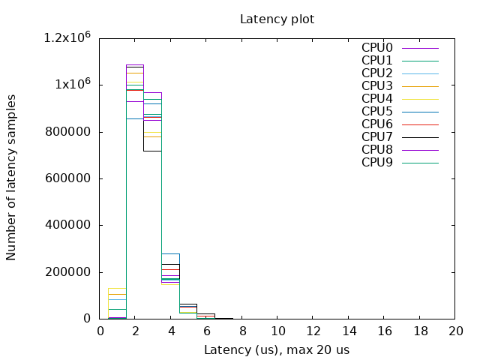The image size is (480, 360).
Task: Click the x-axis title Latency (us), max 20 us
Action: pyautogui.click(x=277, y=349)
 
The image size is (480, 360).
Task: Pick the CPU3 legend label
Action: pyautogui.click(x=377, y=86)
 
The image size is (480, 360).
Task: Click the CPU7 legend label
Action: pyautogui.click(x=377, y=137)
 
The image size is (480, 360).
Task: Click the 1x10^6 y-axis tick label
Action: pyautogui.click(x=73, y=85)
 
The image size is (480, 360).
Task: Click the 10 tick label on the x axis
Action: pyautogui.click(x=277, y=331)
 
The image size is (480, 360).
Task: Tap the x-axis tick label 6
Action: pyautogui.click(x=207, y=331)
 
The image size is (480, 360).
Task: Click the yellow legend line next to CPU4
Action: pyautogui.click(x=420, y=99)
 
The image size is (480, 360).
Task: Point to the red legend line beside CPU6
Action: pyautogui.click(x=420, y=124)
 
